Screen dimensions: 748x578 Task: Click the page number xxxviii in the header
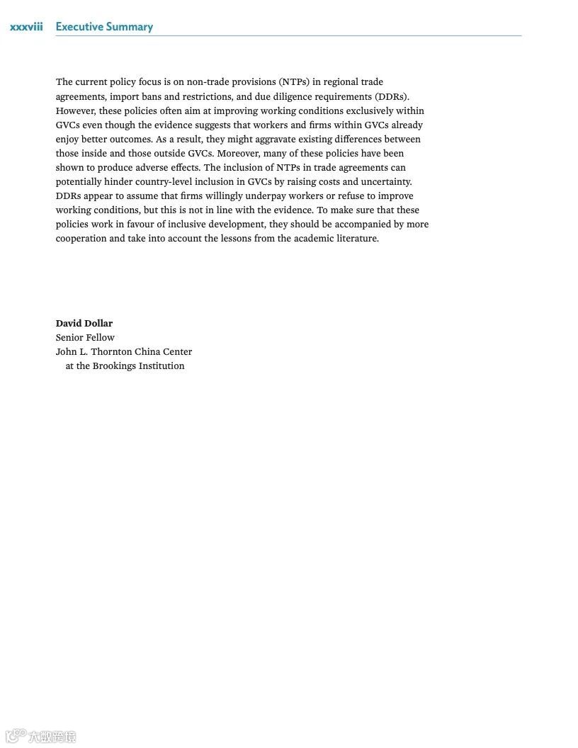click(x=26, y=27)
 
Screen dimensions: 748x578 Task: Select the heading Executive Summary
click(x=104, y=27)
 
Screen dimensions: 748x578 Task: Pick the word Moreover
click(x=239, y=153)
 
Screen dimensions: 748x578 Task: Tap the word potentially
click(x=78, y=181)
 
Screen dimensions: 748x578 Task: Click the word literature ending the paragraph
click(x=356, y=238)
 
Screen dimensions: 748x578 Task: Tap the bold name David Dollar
click(x=84, y=323)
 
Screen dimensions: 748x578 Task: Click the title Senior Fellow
click(x=85, y=337)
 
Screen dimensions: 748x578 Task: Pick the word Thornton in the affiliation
click(x=111, y=351)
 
